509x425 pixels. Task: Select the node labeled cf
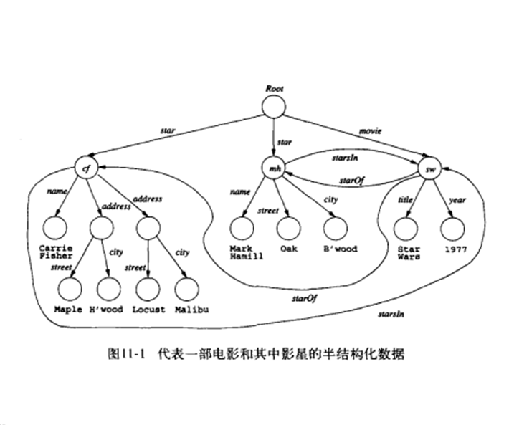coord(86,169)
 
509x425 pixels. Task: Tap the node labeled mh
coord(273,169)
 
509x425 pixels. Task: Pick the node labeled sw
coord(430,169)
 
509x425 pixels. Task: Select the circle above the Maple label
coord(70,289)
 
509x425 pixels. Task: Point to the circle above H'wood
coord(108,289)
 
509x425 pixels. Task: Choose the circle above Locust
coord(147,289)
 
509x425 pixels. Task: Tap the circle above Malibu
coord(185,289)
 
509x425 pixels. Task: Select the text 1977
coord(453,249)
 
